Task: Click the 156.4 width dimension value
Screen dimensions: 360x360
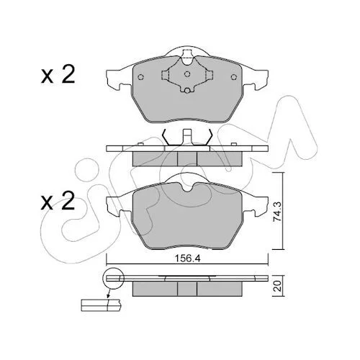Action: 187,258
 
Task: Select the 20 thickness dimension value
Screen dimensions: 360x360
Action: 277,287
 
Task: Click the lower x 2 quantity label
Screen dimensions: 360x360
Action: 58,202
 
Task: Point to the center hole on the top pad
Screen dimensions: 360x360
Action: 187,74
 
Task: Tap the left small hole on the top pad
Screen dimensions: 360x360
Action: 141,77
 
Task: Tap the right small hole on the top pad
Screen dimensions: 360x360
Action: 233,77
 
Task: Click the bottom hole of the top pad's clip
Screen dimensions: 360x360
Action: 187,91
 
